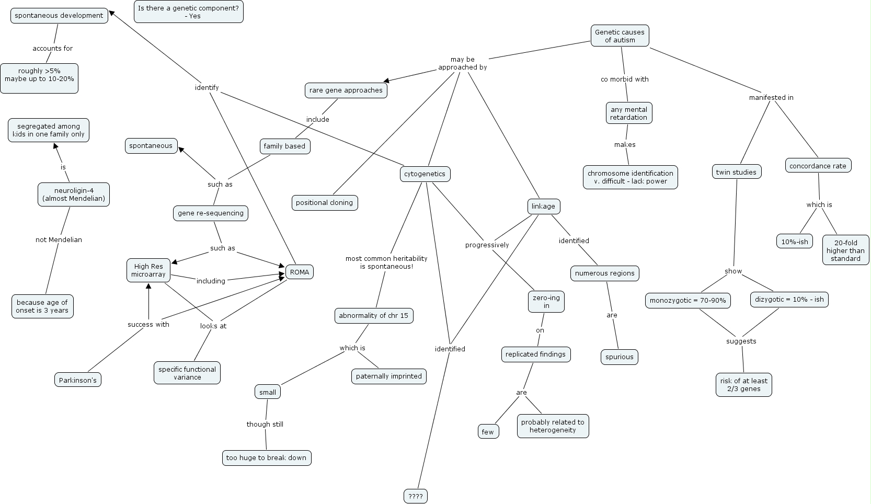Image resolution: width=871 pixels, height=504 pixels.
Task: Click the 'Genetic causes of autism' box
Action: pyautogui.click(x=620, y=36)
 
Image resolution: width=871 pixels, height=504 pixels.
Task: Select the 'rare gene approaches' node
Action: pyautogui.click(x=346, y=90)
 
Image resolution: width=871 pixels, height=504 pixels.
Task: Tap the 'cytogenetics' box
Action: pyautogui.click(x=425, y=174)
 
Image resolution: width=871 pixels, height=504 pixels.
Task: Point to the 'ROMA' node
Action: pyautogui.click(x=300, y=272)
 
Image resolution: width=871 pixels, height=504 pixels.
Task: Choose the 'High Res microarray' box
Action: pyautogui.click(x=148, y=270)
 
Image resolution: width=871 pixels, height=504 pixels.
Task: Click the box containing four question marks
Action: pyautogui.click(x=416, y=496)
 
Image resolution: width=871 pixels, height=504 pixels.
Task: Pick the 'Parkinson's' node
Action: pyautogui.click(x=78, y=380)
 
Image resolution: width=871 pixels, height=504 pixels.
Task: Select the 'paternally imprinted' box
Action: pyautogui.click(x=389, y=376)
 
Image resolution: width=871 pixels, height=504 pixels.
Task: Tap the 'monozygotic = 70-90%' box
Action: pyautogui.click(x=688, y=301)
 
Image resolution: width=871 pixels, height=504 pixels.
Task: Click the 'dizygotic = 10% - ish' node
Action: pyautogui.click(x=789, y=300)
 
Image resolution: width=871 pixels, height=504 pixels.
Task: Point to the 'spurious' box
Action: pyautogui.click(x=620, y=357)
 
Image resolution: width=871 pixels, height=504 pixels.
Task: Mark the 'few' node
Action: pyautogui.click(x=488, y=432)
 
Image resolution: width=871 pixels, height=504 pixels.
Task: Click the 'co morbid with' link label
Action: pyautogui.click(x=625, y=79)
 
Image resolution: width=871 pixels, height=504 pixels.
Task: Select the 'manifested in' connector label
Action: pyautogui.click(x=772, y=98)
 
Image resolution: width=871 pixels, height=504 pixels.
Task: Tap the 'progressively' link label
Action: pyautogui.click(x=487, y=245)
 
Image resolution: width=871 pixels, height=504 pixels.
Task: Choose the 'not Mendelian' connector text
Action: pyautogui.click(x=59, y=239)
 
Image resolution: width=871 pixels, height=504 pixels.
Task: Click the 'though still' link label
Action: pyautogui.click(x=265, y=425)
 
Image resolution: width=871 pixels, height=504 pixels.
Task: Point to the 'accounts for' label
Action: pyautogui.click(x=52, y=48)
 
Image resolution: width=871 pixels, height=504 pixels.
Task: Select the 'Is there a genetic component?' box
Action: pyautogui.click(x=189, y=12)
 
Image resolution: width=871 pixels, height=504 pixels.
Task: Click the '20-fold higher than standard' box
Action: pyautogui.click(x=846, y=250)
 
